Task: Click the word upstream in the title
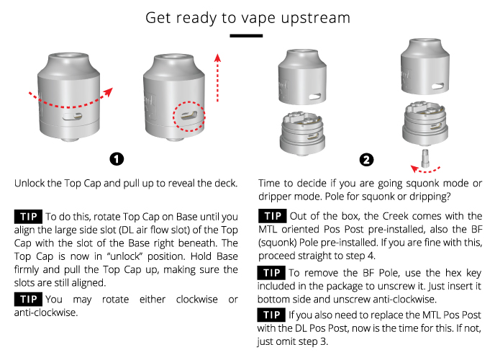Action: [315, 18]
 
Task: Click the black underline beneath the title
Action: [246, 36]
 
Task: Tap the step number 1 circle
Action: [117, 159]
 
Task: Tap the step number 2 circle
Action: [366, 160]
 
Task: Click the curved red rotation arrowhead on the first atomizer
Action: [108, 91]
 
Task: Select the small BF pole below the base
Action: [425, 158]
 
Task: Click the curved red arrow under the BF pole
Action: [425, 170]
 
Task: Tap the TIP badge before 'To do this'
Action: [28, 217]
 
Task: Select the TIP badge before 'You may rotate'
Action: [28, 299]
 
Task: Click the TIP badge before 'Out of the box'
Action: [273, 216]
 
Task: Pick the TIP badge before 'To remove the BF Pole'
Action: [271, 273]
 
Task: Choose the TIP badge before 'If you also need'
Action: [271, 315]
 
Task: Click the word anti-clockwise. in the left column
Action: [46, 312]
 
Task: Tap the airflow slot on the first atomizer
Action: [72, 117]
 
